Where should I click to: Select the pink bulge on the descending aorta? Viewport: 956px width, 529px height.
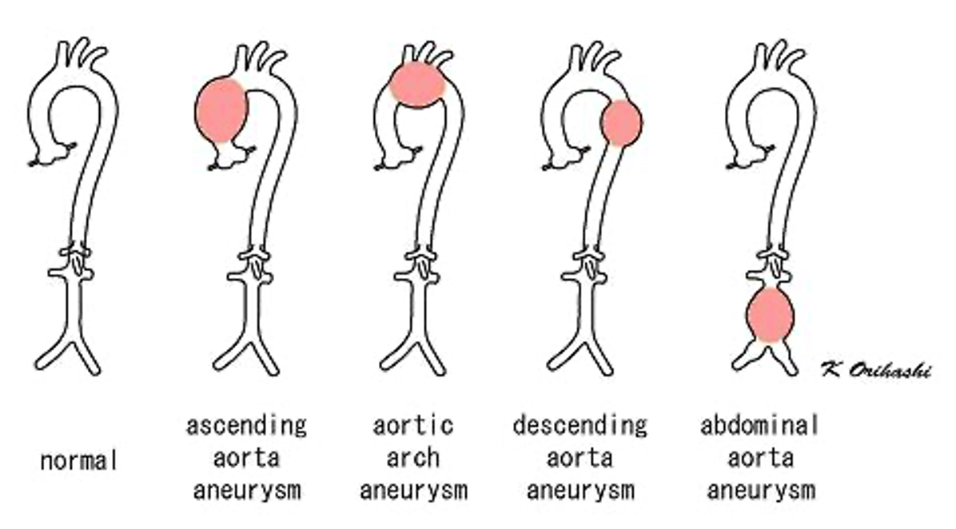click(620, 123)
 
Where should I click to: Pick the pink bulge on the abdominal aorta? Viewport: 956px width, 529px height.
click(770, 314)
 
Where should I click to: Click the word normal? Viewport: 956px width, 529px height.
click(79, 460)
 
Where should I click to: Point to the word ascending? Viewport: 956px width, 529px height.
click(246, 425)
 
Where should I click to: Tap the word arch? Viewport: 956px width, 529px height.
click(413, 458)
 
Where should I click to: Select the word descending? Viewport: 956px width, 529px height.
click(580, 425)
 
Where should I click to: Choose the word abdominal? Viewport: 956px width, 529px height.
click(759, 425)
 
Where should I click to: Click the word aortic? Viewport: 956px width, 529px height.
click(413, 425)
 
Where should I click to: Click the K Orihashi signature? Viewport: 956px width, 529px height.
click(874, 369)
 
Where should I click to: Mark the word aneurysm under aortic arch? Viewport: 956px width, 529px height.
click(413, 490)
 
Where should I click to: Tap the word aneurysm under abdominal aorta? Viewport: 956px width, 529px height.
click(759, 490)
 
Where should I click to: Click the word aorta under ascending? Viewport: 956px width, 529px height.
click(246, 458)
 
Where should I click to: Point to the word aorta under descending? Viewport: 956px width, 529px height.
click(580, 458)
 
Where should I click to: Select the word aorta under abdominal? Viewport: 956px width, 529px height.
click(759, 458)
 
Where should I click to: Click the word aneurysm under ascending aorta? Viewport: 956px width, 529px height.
click(246, 490)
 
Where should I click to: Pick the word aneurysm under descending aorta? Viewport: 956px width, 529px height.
click(580, 490)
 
